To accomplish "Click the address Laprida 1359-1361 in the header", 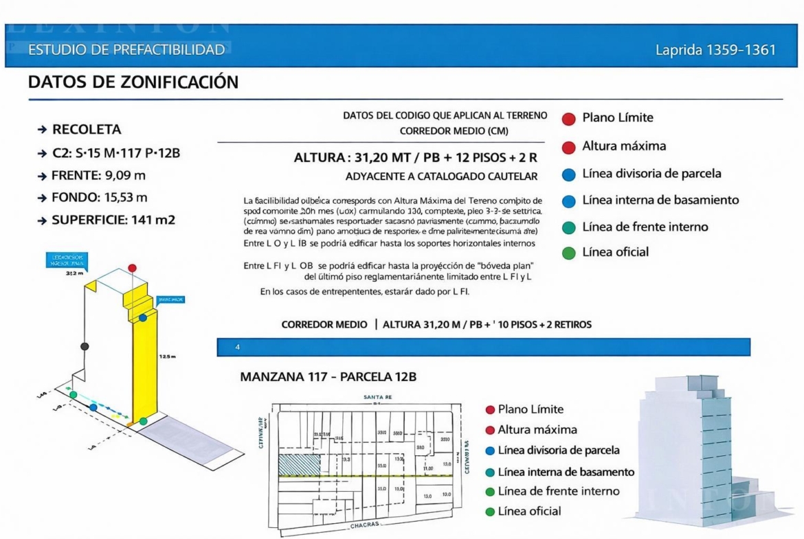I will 716,50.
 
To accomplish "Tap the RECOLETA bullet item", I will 87,130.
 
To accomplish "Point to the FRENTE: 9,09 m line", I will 98,175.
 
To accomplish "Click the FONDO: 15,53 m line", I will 100,198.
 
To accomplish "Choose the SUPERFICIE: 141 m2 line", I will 111,220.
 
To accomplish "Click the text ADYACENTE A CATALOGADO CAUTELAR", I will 441,176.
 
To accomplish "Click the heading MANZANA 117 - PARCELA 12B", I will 328,377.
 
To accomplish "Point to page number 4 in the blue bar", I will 238,347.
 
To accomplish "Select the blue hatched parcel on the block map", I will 299,463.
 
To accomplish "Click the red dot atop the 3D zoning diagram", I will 133,267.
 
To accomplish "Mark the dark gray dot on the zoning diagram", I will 84,346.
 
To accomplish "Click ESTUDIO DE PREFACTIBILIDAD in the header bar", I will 126,50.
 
